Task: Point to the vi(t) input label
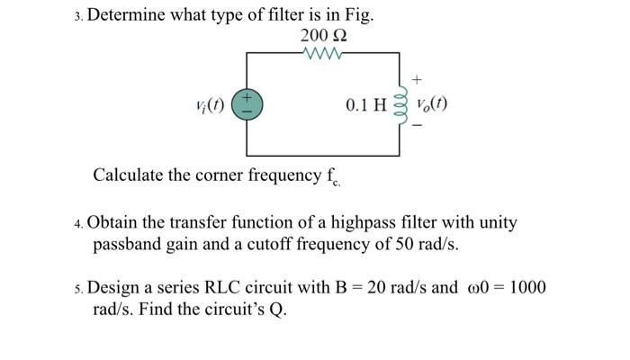pyautogui.click(x=212, y=104)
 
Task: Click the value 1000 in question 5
pyautogui.click(x=525, y=288)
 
